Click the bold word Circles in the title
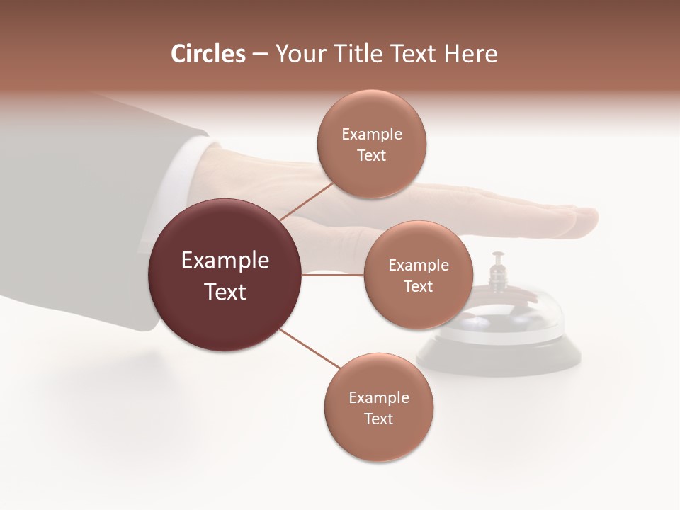click(x=208, y=54)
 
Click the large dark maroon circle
click(x=225, y=275)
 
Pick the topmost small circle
click(x=371, y=144)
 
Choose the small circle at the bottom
click(x=378, y=407)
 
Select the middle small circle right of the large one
click(x=418, y=275)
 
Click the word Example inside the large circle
click(x=225, y=261)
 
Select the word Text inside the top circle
click(x=371, y=156)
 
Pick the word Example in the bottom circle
click(x=378, y=397)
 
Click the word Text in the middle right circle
click(x=418, y=287)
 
